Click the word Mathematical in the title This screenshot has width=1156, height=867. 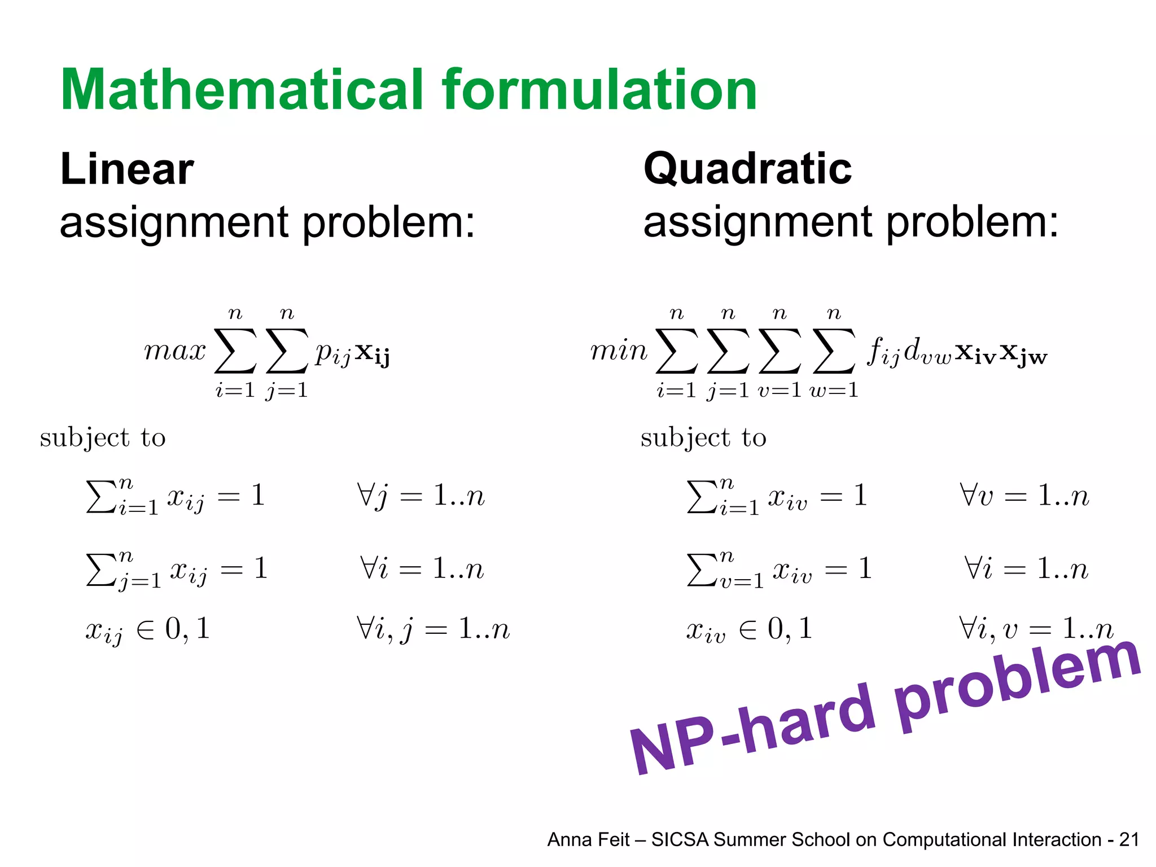tap(243, 90)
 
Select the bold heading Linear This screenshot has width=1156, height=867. tap(127, 169)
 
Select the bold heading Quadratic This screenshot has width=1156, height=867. tap(747, 169)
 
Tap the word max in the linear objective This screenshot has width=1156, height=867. tap(175, 351)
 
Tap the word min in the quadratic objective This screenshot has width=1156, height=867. tap(619, 351)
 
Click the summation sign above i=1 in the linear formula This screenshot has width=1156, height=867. tap(235, 351)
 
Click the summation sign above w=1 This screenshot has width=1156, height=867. tap(834, 351)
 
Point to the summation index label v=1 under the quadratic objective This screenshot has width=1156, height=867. tap(780, 390)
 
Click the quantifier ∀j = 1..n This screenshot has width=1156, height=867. tap(421, 496)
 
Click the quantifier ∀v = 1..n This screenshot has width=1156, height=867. tap(1024, 496)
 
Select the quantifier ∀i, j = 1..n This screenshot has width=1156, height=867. tap(433, 629)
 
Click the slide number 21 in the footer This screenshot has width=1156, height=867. tap(1129, 840)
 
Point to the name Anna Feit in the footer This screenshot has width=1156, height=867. tap(588, 840)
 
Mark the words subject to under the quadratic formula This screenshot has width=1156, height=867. tap(703, 438)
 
